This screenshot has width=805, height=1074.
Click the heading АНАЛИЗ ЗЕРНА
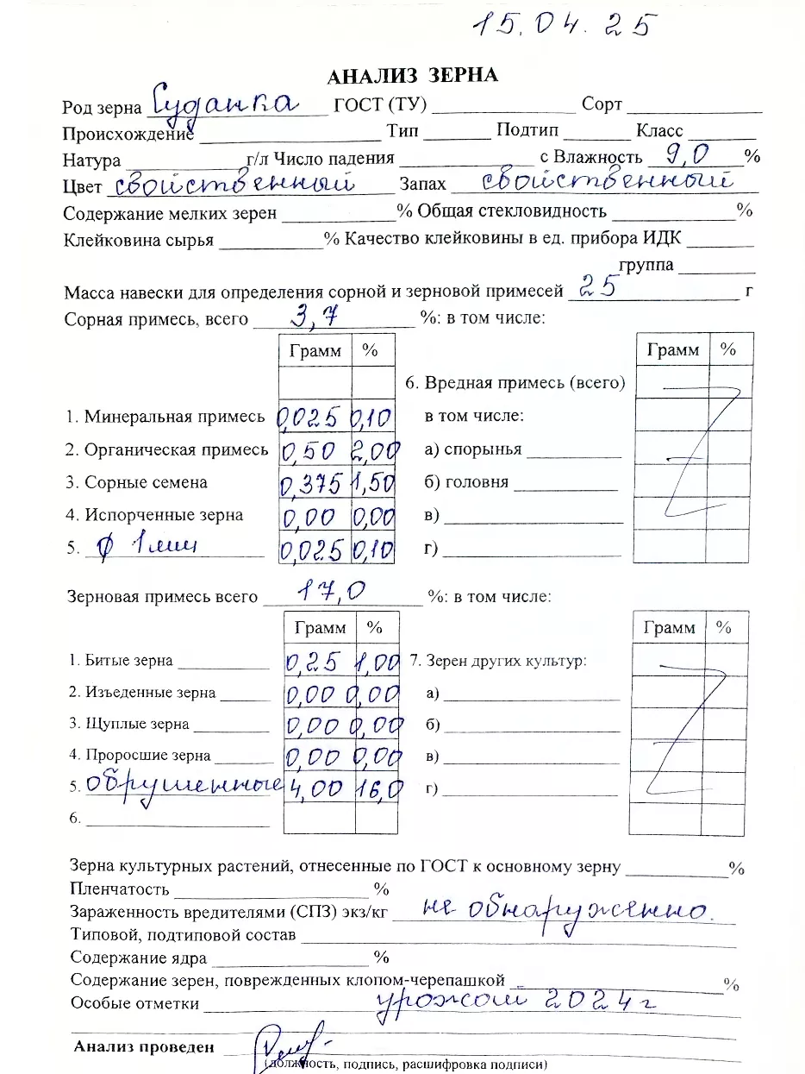(412, 76)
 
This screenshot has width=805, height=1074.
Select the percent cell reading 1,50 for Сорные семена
(373, 483)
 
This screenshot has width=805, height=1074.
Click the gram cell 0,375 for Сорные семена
(314, 483)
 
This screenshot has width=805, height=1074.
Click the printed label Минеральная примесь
(174, 418)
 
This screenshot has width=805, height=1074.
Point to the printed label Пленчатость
(120, 889)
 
